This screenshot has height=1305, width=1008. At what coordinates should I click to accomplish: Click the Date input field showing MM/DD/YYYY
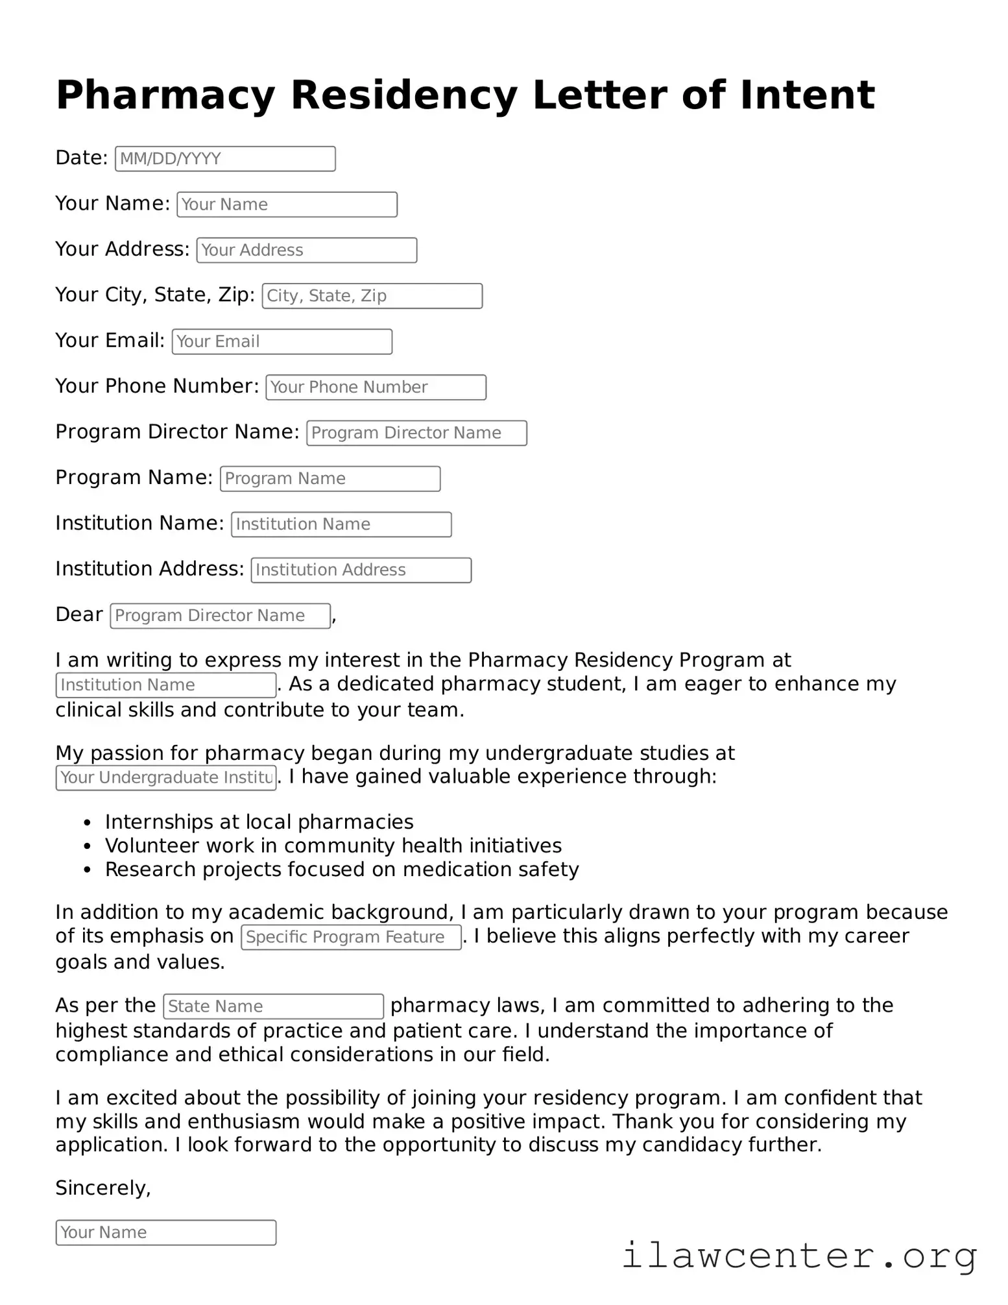pos(225,159)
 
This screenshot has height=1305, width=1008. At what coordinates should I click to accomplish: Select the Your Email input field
pos(282,341)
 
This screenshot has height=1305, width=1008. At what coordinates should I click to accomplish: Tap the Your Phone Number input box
pos(376,387)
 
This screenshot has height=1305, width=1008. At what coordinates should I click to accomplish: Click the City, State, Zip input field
pos(372,296)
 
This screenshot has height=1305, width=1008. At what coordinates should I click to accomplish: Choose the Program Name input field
pos(330,479)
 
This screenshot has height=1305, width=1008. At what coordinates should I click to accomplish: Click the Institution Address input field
pos(361,570)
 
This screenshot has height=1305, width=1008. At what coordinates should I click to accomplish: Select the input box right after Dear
pos(220,615)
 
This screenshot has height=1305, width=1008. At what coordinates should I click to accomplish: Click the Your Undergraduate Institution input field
pos(166,777)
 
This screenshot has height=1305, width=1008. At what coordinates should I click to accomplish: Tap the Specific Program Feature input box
pos(351,937)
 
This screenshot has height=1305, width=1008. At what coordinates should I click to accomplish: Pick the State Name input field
pos(273,1006)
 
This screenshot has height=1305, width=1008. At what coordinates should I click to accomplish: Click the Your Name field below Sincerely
pos(166,1232)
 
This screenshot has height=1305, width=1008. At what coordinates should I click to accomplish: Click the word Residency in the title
pos(403,95)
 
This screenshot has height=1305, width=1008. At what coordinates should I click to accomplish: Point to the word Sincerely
pos(102,1188)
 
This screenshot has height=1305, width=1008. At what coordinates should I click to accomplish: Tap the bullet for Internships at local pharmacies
pos(88,823)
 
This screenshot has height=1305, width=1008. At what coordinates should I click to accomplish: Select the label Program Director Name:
pos(177,432)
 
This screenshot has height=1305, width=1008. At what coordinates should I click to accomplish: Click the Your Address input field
pos(306,250)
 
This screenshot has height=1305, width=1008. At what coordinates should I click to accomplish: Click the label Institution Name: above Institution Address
pos(139,523)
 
